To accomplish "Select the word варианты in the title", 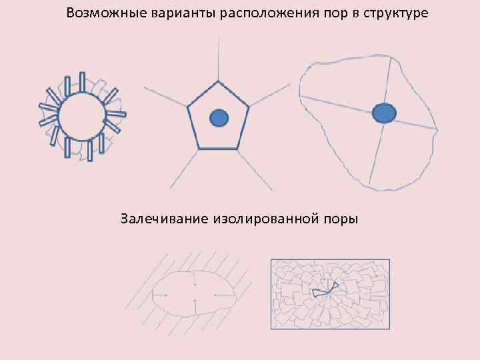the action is (x=167, y=13).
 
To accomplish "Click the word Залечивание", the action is (x=165, y=218).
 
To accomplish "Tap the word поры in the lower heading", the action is (x=340, y=218).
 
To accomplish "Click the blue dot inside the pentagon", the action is (x=219, y=119).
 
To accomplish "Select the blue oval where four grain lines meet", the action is (x=383, y=113).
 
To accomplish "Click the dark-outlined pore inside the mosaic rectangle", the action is (x=325, y=289).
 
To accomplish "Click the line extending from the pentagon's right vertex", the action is (x=270, y=95).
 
